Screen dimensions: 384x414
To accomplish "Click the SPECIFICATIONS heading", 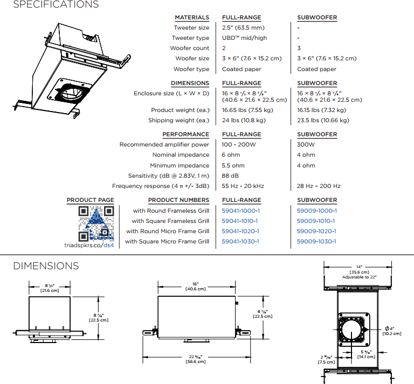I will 56,5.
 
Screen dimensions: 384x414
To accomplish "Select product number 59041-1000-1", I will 240,211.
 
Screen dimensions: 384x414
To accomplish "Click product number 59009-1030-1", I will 316,241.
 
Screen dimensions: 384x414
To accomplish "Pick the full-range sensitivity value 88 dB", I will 230,176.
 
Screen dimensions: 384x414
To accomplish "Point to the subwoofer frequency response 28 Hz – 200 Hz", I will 319,186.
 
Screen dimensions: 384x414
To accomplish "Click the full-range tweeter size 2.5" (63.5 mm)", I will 243,27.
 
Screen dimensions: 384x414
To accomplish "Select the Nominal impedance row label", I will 181,155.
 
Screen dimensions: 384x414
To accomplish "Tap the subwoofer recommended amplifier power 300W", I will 306,144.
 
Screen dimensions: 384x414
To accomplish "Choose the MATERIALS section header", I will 192,17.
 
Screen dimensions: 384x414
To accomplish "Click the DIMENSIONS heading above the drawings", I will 46,266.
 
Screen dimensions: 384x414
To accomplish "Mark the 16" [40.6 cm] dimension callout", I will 195,287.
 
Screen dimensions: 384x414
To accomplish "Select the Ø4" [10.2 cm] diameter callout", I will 393,331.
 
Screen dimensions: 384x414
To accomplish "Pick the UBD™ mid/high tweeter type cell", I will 244,38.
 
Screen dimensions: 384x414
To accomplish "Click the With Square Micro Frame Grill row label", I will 167,241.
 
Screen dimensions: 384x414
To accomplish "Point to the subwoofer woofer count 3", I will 299,48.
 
